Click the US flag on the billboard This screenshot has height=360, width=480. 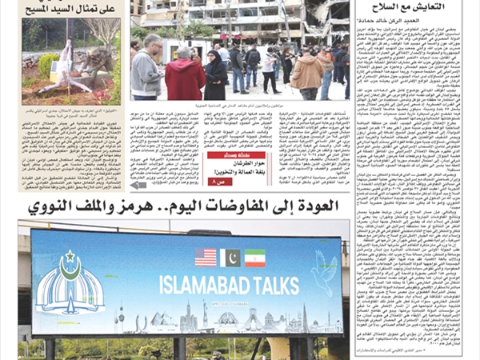point(206,258)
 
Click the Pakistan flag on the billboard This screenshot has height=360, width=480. point(230,258)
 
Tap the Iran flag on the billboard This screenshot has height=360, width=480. point(255,258)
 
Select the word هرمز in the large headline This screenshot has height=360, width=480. point(113,207)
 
